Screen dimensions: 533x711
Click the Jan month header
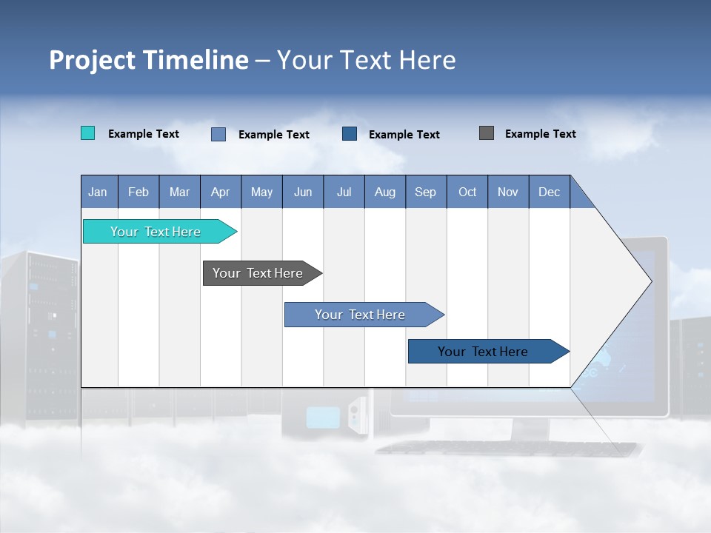(99, 192)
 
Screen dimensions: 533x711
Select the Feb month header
(138, 192)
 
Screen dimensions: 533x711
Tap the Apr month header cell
(221, 192)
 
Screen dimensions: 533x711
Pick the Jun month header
(303, 192)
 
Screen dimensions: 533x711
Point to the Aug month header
(385, 192)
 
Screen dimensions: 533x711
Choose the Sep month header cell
(426, 192)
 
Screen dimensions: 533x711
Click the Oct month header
(467, 192)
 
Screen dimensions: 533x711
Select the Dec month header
(550, 192)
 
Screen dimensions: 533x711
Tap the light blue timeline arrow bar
(361, 315)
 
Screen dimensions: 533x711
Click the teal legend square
(87, 133)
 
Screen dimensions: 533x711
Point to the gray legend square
(487, 133)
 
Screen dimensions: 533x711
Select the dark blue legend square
(350, 133)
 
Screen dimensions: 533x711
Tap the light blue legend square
(218, 134)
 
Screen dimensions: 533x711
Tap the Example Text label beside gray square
(540, 134)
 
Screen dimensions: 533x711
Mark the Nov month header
(508, 192)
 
